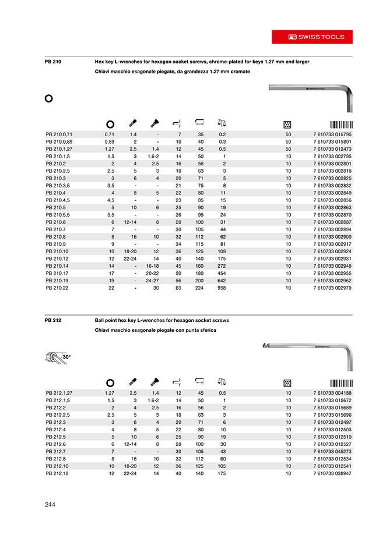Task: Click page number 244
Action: [51, 504]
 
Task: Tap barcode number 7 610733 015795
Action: [332, 134]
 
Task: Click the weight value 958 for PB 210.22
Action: [220, 287]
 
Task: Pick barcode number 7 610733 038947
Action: [332, 473]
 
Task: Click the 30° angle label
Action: [66, 355]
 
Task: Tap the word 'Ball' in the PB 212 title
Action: [100, 320]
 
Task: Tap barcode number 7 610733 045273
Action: [332, 451]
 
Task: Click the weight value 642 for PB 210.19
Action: [220, 279]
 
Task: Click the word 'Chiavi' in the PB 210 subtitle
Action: [103, 71]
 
